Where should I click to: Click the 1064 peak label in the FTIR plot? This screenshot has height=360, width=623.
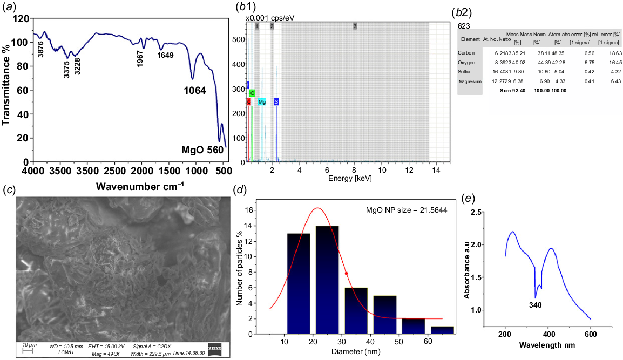pyautogui.click(x=193, y=91)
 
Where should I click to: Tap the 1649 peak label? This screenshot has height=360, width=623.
pyautogui.click(x=165, y=55)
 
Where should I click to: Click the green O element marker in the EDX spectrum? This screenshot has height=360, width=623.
pyautogui.click(x=252, y=93)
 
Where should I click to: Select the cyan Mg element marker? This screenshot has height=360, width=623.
pyautogui.click(x=262, y=101)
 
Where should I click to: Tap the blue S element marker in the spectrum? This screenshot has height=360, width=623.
pyautogui.click(x=276, y=101)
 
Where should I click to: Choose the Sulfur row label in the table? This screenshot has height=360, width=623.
pyautogui.click(x=465, y=71)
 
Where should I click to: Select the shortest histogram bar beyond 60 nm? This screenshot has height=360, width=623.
pyautogui.click(x=442, y=330)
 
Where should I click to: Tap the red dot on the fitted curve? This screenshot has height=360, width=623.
pyautogui.click(x=346, y=273)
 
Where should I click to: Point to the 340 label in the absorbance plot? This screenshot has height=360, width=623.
pyautogui.click(x=534, y=305)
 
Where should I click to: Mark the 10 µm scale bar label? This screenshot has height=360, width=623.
pyautogui.click(x=29, y=344)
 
